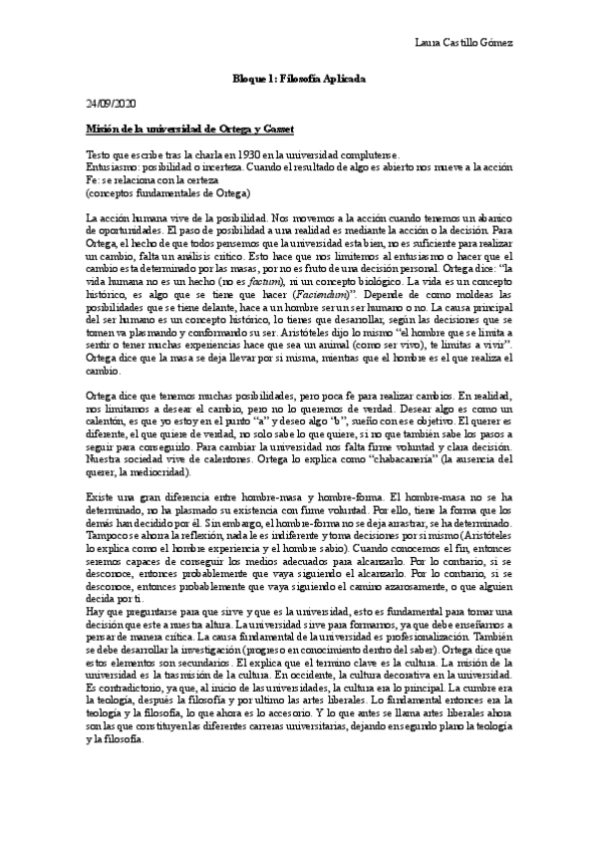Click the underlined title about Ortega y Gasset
pyautogui.click(x=189, y=130)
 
